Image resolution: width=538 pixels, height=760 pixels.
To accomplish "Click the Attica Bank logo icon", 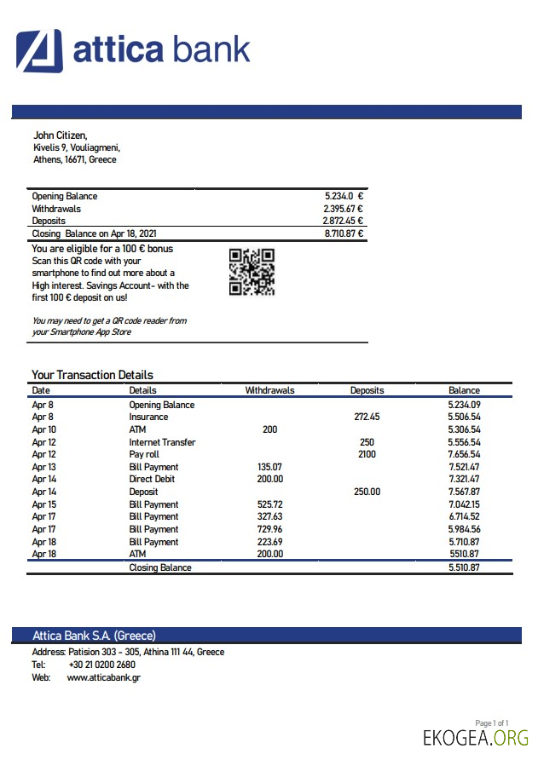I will pos(39,50).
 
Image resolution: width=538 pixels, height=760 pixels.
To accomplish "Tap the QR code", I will pos(252,272).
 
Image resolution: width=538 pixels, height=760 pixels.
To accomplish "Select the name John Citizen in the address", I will pos(60,135).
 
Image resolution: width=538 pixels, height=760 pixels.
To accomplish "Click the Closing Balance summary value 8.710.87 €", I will pos(344,233).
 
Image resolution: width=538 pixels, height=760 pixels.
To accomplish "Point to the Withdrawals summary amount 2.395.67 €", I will pos(343,209).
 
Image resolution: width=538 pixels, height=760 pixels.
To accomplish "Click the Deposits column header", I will pos(367,390).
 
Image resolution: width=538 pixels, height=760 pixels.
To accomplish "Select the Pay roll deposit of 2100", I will pos(367,455).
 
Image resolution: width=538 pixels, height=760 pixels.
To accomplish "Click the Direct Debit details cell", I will pos(153,480).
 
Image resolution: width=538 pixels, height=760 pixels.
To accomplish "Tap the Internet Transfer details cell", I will pos(162,442).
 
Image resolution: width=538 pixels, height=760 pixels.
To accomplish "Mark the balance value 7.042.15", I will pos(464,505).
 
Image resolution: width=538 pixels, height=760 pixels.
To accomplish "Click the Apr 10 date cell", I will pos(43,430).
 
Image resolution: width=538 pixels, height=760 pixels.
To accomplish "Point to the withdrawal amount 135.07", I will pos(269,468).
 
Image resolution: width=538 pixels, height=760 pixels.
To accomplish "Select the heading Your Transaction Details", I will pos(92,375).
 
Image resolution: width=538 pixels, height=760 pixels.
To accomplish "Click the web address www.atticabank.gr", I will pos(103,677).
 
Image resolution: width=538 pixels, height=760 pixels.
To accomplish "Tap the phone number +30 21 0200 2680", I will pos(101,665).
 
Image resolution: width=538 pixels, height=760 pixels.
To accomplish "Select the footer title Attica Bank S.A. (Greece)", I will pos(94,636).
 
